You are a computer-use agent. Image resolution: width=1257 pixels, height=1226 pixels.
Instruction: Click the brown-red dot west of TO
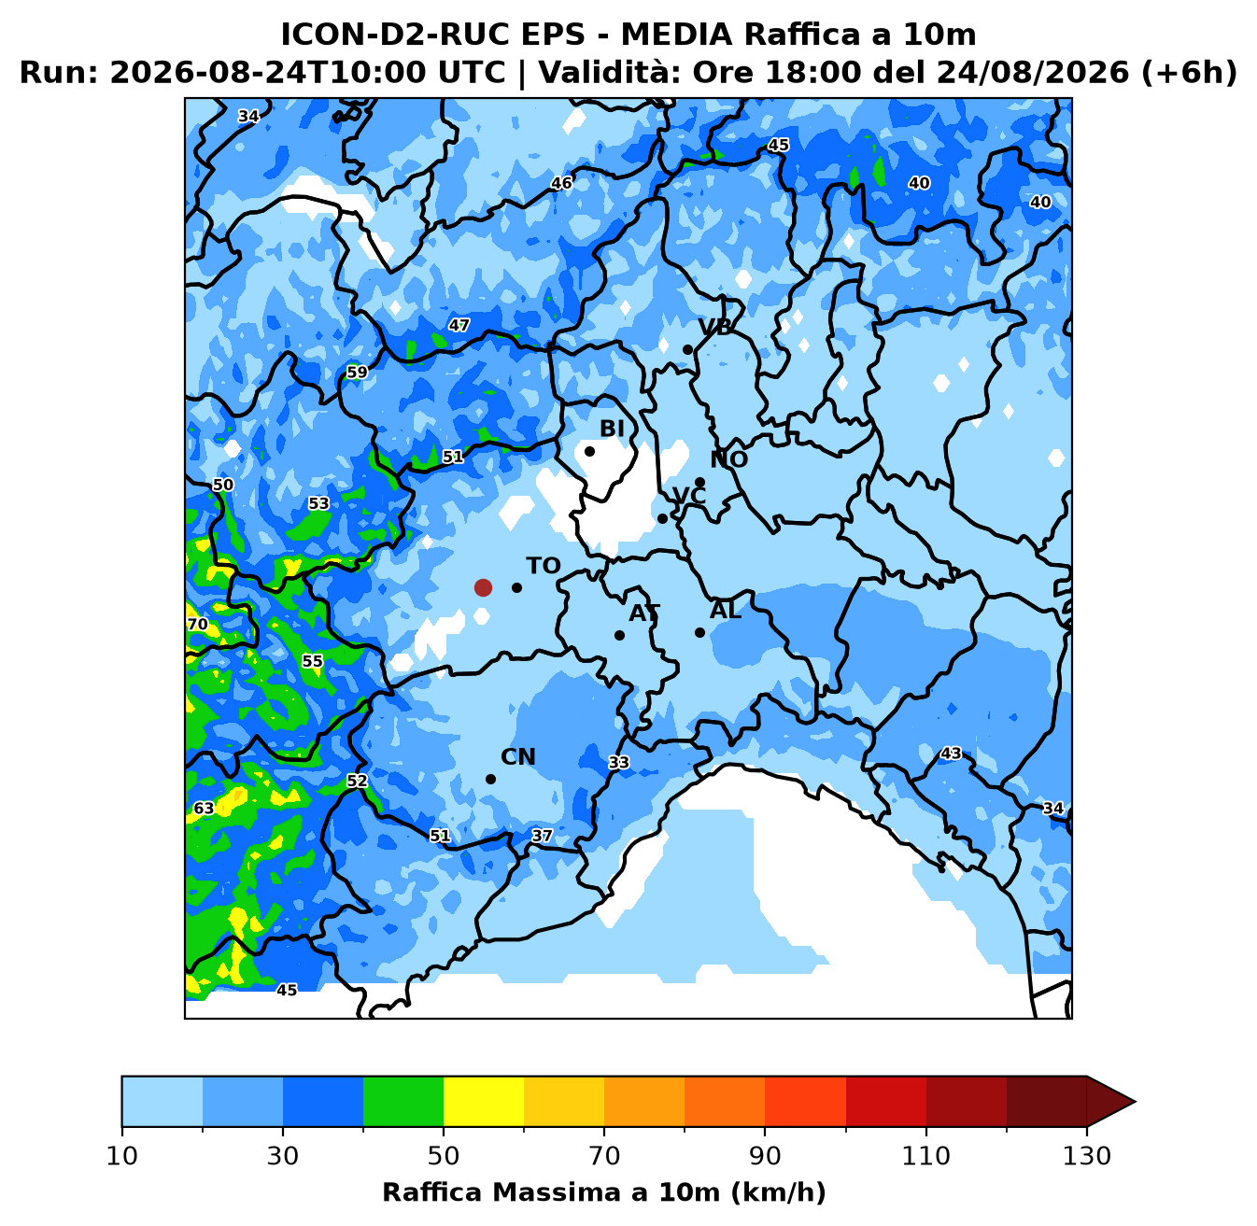pos(483,587)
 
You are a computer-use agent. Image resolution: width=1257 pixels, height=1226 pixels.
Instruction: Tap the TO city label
pos(544,566)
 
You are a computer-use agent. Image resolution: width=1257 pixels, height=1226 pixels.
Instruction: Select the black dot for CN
pos(490,779)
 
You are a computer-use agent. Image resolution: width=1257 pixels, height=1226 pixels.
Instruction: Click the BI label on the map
pos(612,429)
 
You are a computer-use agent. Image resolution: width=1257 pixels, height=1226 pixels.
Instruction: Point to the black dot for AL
pos(699,632)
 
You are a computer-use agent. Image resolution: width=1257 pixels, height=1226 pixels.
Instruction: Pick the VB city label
pos(714,327)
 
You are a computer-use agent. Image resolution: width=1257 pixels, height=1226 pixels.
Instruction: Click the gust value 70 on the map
pos(198,624)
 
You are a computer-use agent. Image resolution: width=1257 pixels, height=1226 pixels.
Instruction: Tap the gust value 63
pos(204,808)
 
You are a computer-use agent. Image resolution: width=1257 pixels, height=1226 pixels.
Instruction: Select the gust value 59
pos(357,372)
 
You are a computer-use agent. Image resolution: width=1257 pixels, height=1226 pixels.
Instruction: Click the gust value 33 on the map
pos(618,762)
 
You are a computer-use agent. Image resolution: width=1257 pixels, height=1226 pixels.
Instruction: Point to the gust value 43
pos(951,754)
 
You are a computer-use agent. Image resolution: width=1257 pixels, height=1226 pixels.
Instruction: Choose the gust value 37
pos(542,835)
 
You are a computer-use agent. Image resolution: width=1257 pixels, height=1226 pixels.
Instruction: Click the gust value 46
pos(561,183)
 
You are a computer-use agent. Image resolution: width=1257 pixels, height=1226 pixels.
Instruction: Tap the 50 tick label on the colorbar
pos(443,1156)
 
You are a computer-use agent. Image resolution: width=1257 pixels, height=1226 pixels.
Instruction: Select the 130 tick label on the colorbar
pos(1086,1156)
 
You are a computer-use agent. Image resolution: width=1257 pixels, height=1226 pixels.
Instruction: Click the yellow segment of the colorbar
pos(483,1101)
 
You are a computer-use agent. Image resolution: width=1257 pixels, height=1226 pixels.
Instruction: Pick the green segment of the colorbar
pos(403,1101)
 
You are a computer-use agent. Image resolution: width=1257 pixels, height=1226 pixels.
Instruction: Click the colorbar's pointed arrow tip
pos(1135,1101)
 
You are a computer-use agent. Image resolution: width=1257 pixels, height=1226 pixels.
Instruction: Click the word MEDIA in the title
pos(676,35)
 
